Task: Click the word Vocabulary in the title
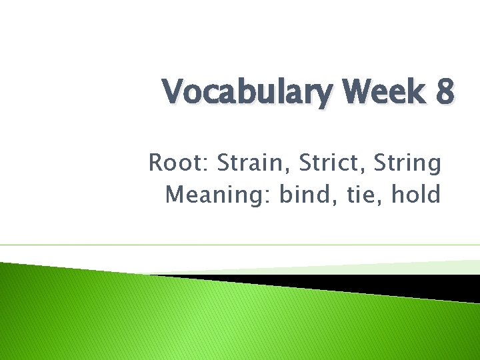point(245,93)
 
